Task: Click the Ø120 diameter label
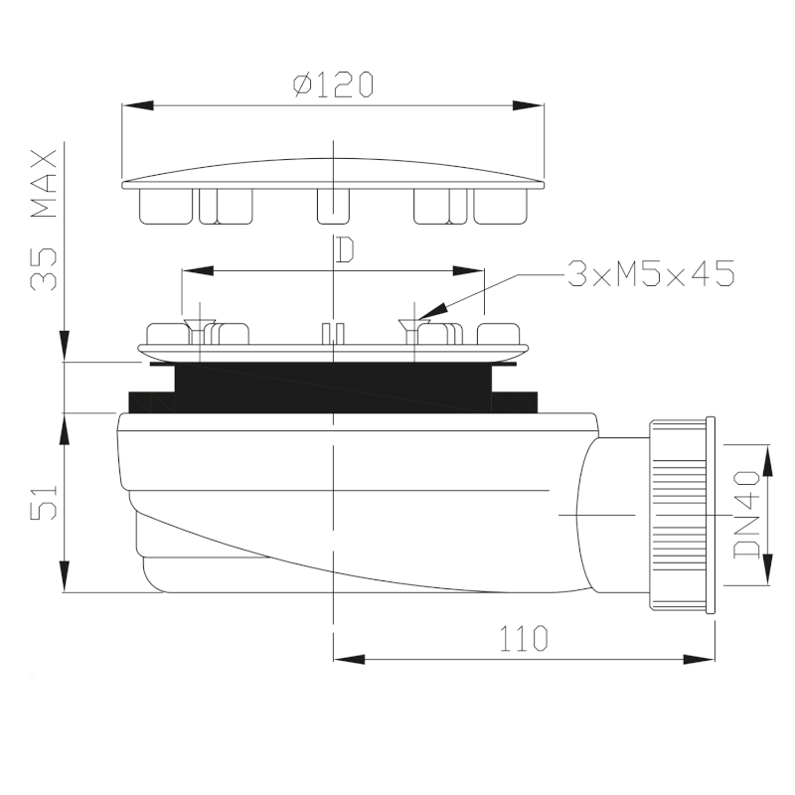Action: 333,84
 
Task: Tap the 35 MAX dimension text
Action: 44,220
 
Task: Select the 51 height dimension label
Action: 44,503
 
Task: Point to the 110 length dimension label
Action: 524,638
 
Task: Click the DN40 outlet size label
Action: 747,514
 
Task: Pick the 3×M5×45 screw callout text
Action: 651,274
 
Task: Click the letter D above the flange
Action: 345,250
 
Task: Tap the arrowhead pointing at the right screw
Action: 431,311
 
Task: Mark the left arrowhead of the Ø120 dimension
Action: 138,105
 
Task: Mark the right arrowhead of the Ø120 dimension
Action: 528,105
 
